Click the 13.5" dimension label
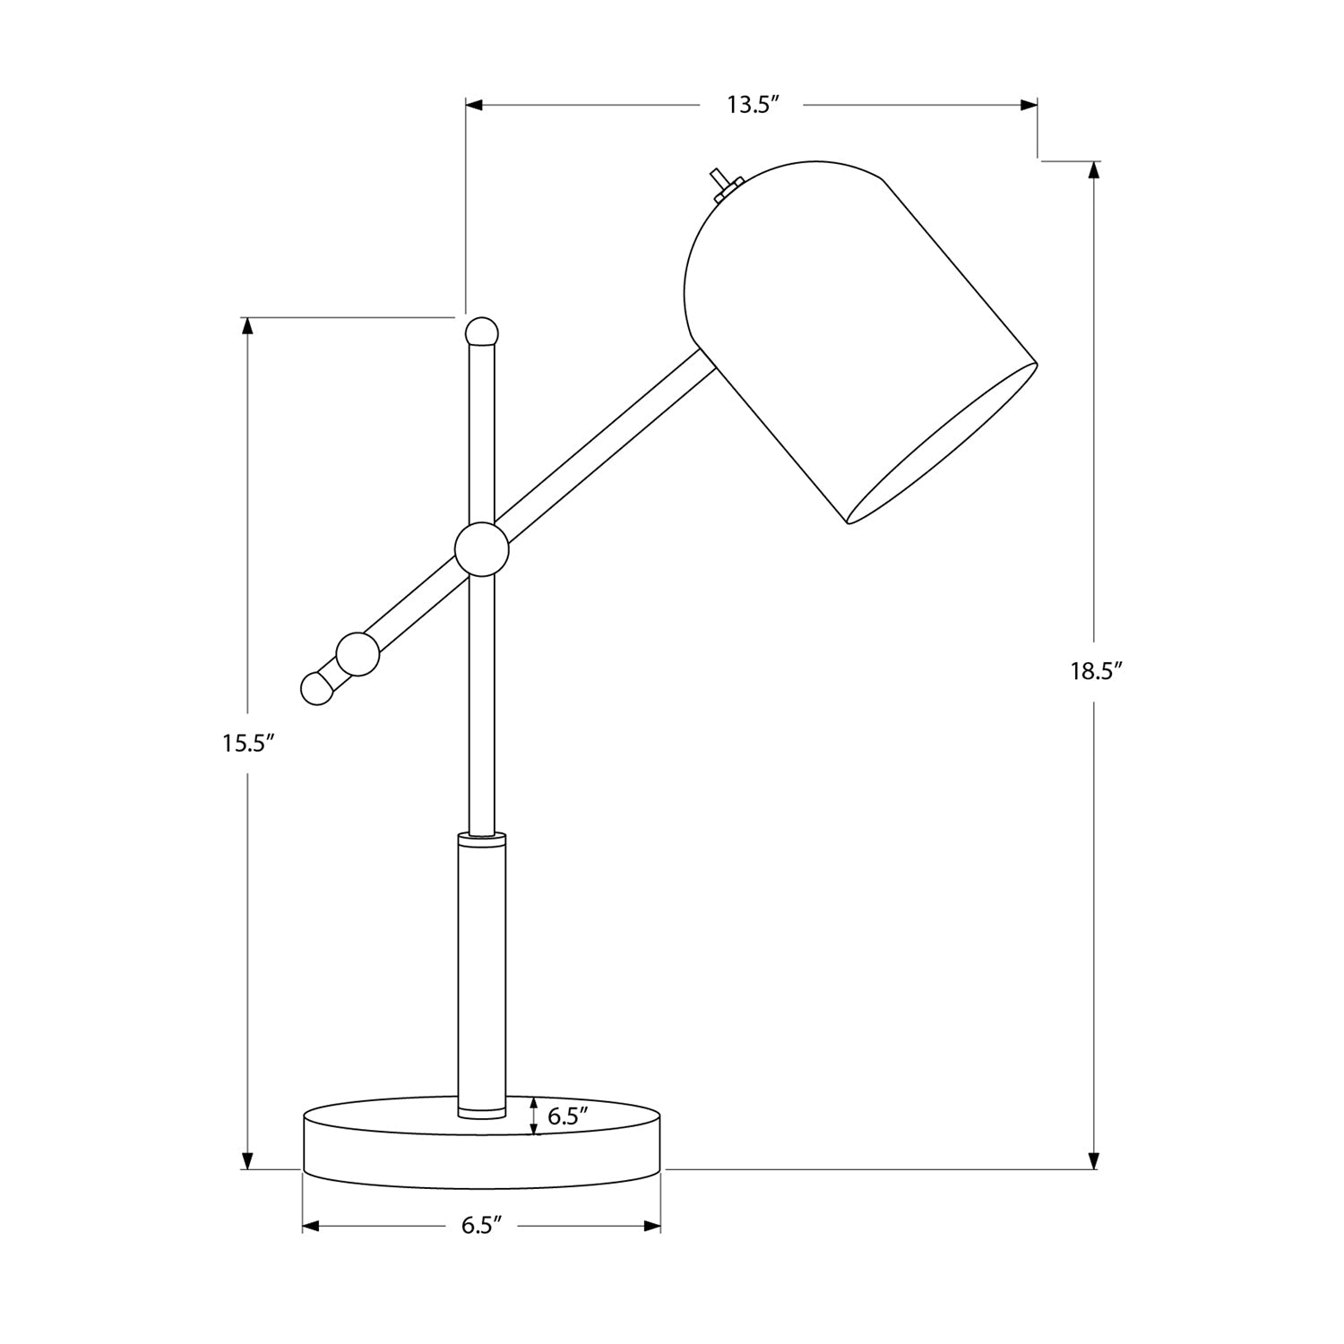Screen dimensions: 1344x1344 click(750, 106)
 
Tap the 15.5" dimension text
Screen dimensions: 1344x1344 click(247, 743)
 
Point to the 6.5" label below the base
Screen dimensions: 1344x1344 click(481, 1226)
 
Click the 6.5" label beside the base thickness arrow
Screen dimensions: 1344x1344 click(567, 1116)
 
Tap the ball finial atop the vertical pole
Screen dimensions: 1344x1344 click(481, 332)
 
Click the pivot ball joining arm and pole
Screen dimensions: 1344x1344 click(481, 548)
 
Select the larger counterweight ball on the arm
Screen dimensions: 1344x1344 click(358, 653)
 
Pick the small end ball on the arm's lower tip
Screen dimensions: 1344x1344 click(317, 688)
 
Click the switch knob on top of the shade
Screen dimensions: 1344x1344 click(719, 177)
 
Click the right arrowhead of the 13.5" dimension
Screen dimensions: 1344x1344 click(1030, 106)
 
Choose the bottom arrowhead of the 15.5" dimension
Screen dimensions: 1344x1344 click(247, 1162)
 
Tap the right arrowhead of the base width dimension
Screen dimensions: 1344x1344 click(653, 1226)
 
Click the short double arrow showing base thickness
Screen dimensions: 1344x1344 click(535, 1116)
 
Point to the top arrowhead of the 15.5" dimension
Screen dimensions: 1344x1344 click(247, 324)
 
